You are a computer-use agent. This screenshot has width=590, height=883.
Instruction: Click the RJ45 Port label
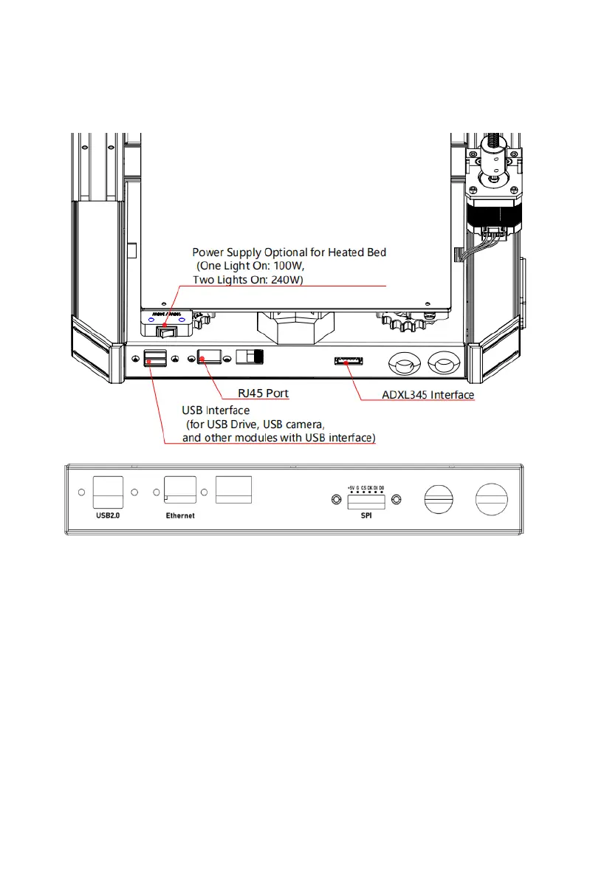pyautogui.click(x=262, y=393)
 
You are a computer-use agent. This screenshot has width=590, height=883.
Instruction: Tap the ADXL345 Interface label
pyautogui.click(x=428, y=395)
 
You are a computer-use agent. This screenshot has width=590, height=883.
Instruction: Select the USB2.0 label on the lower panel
pyautogui.click(x=107, y=516)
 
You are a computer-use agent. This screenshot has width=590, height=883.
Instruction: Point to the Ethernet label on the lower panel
pyautogui.click(x=180, y=516)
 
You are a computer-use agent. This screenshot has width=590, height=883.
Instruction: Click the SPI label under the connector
pyautogui.click(x=367, y=516)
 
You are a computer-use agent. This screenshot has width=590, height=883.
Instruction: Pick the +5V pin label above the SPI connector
pyautogui.click(x=350, y=488)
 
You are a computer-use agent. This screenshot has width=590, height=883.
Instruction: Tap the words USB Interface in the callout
pyautogui.click(x=216, y=410)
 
